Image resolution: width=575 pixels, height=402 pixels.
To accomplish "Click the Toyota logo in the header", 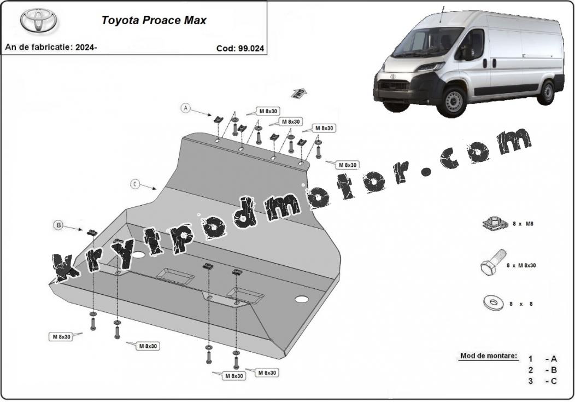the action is pyautogui.click(x=38, y=21).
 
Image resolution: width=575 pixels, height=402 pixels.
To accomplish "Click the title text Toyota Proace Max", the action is pyautogui.click(x=154, y=20).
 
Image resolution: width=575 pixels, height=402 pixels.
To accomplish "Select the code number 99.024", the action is pyautogui.click(x=251, y=49).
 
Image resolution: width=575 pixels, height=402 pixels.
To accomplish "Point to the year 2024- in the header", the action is pyautogui.click(x=86, y=47).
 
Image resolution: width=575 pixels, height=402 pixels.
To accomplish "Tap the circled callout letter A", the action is pyautogui.click(x=186, y=108).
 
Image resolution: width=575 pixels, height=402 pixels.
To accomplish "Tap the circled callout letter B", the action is pyautogui.click(x=58, y=225).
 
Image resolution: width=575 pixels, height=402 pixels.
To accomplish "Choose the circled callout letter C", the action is pyautogui.click(x=136, y=184).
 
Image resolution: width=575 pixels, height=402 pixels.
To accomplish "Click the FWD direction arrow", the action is pyautogui.click(x=299, y=93).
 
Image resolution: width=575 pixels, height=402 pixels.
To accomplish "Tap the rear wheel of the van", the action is pyautogui.click(x=547, y=93).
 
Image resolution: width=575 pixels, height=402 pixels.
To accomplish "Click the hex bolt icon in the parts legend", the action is pyautogui.click(x=494, y=263).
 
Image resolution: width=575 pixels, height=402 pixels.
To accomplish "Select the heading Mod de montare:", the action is pyautogui.click(x=489, y=356).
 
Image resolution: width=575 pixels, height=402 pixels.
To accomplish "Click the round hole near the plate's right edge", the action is pyautogui.click(x=301, y=299).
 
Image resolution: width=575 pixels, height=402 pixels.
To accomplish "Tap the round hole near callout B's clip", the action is pyautogui.click(x=139, y=254).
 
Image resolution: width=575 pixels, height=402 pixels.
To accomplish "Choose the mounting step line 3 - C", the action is pyautogui.click(x=542, y=381).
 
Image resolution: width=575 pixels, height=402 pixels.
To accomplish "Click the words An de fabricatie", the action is pyautogui.click(x=38, y=47).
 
